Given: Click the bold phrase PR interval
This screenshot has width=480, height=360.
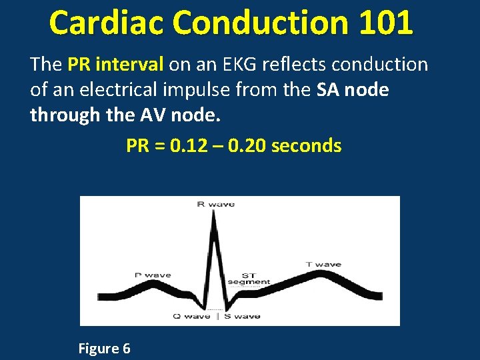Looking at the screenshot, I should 115,65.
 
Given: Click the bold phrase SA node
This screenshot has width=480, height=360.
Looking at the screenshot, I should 353,90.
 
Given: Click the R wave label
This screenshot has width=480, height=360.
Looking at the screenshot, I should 216,204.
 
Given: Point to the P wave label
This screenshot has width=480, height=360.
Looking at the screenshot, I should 153,275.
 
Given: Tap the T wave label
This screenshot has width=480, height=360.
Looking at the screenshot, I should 323,265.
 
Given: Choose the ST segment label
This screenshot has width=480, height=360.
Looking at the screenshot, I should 249,278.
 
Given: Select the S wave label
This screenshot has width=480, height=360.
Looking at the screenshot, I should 243,316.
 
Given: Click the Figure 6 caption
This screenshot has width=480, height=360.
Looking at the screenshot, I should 104,348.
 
